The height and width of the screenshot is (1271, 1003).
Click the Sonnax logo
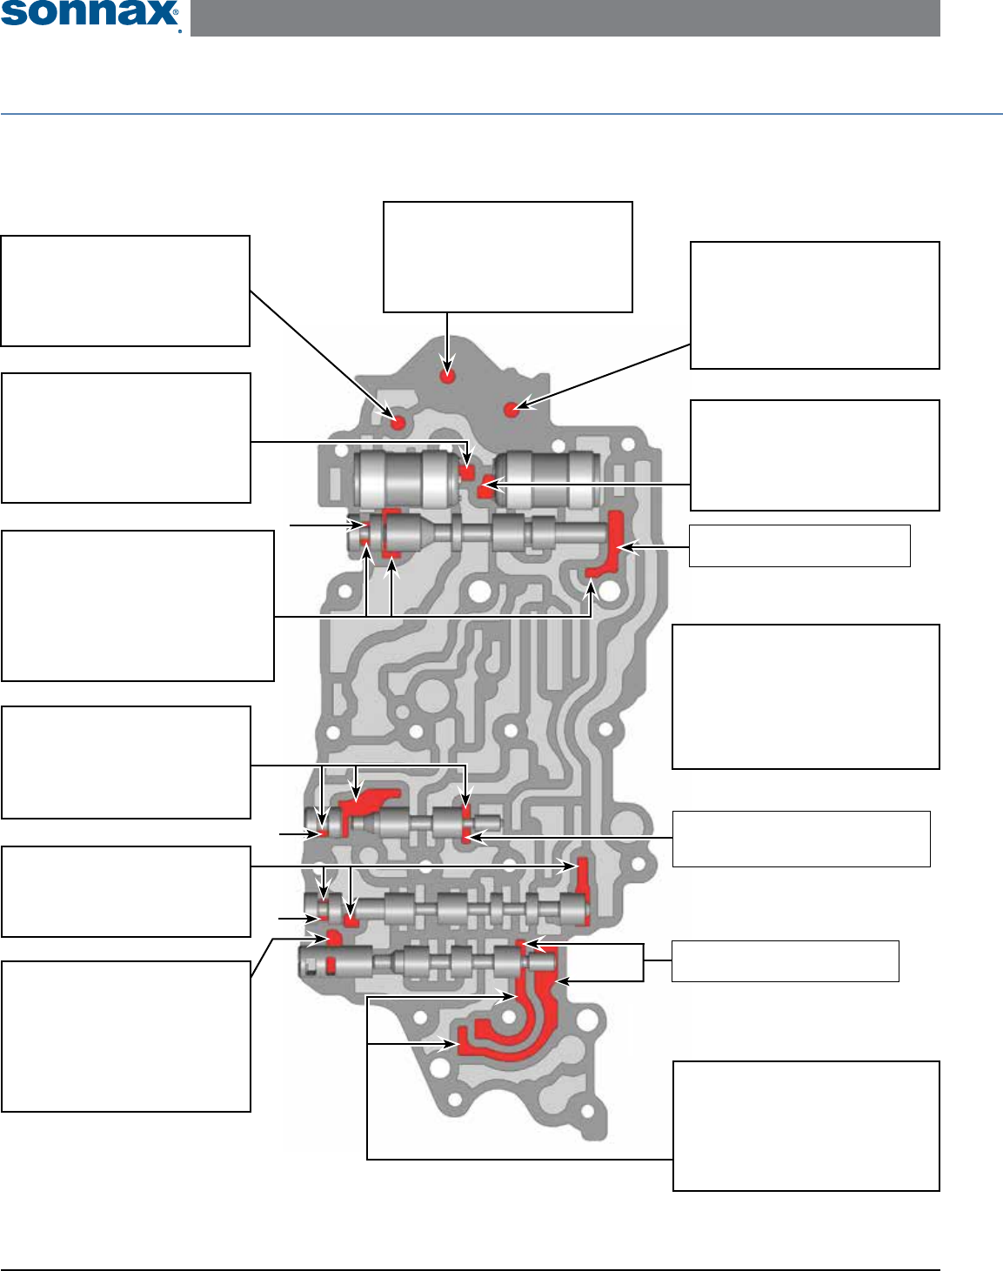[90, 15]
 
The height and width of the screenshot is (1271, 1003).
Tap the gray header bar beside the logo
[565, 17]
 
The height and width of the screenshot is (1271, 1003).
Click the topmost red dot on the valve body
[447, 377]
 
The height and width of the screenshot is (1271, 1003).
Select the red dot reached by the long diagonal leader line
[398, 423]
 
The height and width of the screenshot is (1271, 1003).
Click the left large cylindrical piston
[406, 478]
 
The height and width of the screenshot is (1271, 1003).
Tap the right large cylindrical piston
[551, 479]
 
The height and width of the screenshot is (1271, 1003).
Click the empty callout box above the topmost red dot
[507, 257]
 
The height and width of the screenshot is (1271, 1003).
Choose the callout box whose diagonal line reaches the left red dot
[125, 291]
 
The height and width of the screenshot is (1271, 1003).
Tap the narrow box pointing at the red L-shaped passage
[799, 545]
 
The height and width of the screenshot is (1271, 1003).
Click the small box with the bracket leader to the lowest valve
[785, 960]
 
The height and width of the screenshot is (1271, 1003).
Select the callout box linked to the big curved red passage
[806, 1125]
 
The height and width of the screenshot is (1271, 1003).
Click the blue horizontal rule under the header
[501, 114]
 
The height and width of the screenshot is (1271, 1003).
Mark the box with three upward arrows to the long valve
[137, 605]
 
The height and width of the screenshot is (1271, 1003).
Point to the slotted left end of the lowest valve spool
[313, 963]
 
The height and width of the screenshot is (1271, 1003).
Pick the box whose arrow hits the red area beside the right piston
[814, 455]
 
